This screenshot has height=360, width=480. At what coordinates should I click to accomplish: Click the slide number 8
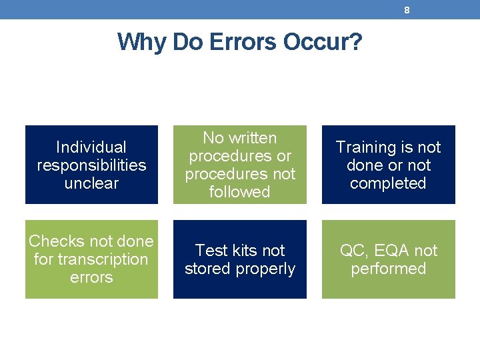pos(407,10)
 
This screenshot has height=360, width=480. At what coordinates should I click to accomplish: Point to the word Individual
pos(91,147)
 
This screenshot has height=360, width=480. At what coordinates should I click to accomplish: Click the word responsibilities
pos(91,165)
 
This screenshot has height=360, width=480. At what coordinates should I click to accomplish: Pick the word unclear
pos(91,183)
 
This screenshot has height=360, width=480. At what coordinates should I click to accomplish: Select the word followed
pos(239,192)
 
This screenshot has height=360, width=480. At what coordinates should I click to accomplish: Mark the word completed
pos(388,183)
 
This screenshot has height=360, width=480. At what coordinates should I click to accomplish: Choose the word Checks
pos(57,241)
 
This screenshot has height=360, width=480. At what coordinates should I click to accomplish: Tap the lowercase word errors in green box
pos(91,277)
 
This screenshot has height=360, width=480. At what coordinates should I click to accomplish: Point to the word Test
pos(210,251)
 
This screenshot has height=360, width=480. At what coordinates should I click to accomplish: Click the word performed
pos(388,269)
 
